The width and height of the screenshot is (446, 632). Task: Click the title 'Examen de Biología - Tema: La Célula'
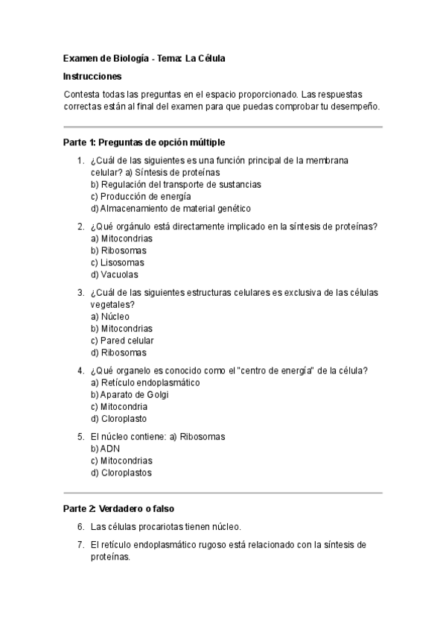(144, 57)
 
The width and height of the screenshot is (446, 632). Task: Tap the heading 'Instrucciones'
(92, 76)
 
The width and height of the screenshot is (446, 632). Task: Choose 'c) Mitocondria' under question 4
(119, 407)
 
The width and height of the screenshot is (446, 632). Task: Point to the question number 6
(80, 526)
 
